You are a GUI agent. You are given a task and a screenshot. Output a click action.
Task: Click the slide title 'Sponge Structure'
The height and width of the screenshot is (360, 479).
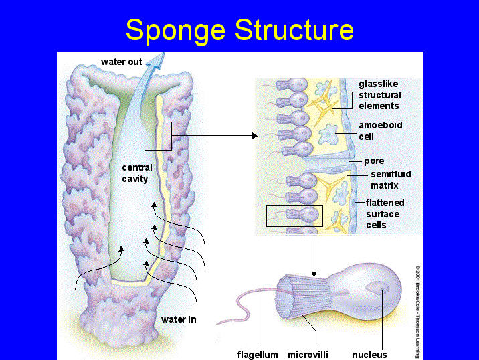coord(239,30)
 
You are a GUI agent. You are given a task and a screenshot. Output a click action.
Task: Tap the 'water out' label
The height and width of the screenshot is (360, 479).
coord(122,62)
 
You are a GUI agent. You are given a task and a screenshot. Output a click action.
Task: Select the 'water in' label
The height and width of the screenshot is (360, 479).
coord(179,319)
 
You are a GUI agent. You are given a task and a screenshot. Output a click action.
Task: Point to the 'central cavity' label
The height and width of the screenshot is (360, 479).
coord(136,173)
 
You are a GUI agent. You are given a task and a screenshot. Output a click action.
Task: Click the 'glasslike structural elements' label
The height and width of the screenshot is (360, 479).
coord(379,95)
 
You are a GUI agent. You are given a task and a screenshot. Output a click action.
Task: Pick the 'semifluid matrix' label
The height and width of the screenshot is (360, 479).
coord(391,179)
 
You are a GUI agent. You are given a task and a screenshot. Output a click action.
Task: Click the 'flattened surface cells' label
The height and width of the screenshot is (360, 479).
coord(385,214)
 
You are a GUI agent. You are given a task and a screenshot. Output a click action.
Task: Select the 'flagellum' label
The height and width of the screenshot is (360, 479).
coord(258,354)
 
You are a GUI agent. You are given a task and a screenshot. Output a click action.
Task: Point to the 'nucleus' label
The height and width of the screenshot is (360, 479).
coord(369,354)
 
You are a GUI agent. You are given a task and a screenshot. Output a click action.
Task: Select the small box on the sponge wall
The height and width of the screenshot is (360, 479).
coord(158,136)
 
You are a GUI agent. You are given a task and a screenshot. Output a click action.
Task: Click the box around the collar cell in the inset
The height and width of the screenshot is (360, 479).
coord(294,216)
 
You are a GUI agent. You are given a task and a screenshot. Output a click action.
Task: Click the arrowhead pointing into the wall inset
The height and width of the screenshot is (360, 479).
coord(254,136)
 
